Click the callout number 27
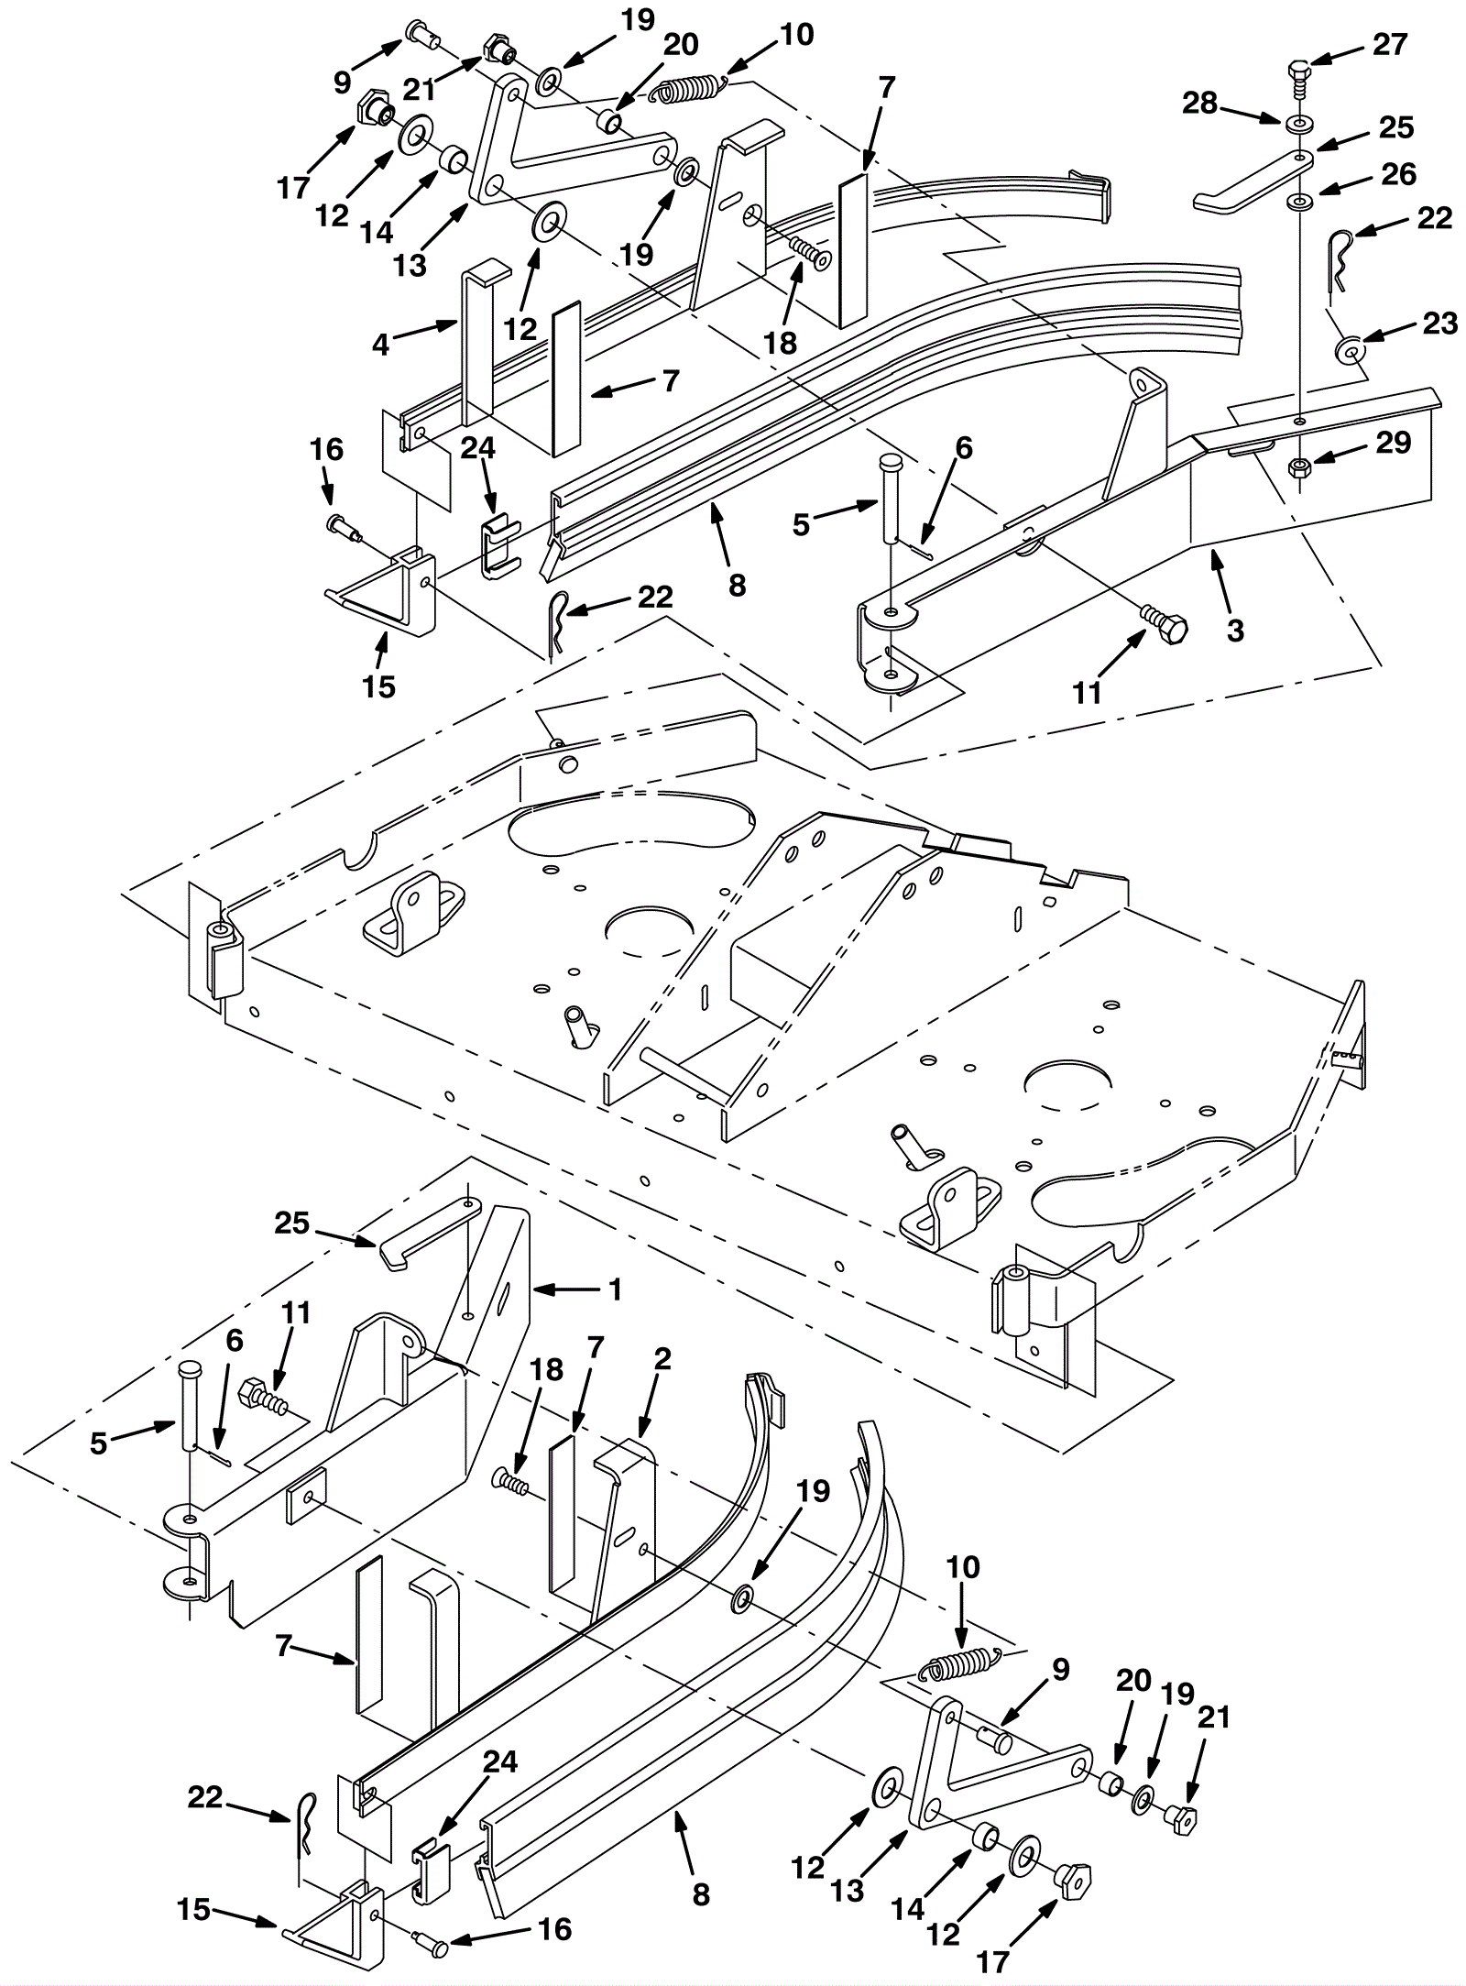[x=1389, y=43]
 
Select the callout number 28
[x=1201, y=104]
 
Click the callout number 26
[x=1398, y=174]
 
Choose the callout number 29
[x=1394, y=443]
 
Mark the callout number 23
[x=1439, y=323]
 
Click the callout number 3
[x=1234, y=631]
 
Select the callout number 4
[x=381, y=344]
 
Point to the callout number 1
[x=616, y=1289]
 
